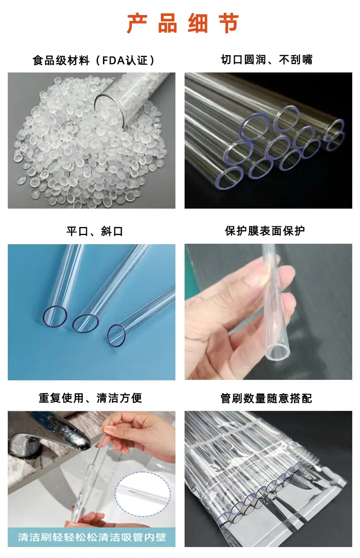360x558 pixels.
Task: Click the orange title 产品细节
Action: click(183, 23)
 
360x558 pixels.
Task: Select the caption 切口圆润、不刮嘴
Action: click(267, 60)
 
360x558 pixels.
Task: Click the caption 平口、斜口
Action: click(95, 231)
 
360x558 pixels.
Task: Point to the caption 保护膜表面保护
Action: click(265, 231)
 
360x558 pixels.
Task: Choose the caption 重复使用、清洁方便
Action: click(90, 398)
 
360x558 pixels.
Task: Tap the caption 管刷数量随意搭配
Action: click(266, 398)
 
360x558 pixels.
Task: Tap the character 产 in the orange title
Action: click(137, 23)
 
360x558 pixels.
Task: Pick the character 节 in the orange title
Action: click(229, 23)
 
